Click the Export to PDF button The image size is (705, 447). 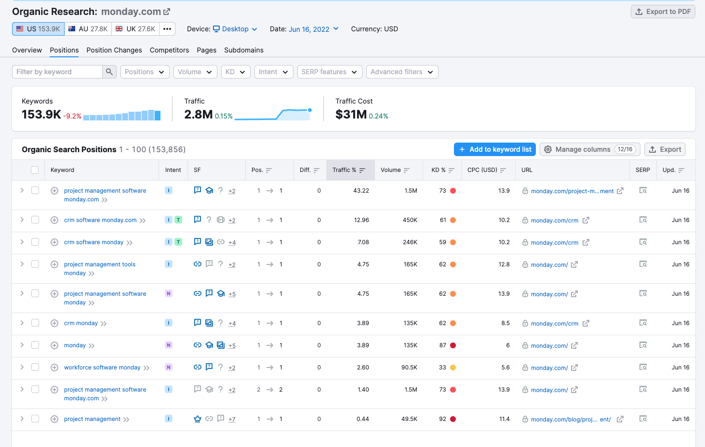pyautogui.click(x=663, y=12)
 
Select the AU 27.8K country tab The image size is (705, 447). pyautogui.click(x=88, y=29)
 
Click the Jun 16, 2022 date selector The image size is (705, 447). pyautogui.click(x=313, y=29)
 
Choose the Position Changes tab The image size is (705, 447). pyautogui.click(x=114, y=50)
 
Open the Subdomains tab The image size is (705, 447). pyautogui.click(x=244, y=50)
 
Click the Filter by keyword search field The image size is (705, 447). pyautogui.click(x=58, y=72)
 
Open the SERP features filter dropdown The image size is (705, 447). pyautogui.click(x=329, y=72)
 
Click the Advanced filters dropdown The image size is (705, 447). pyautogui.click(x=402, y=72)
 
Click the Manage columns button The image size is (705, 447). pyautogui.click(x=589, y=149)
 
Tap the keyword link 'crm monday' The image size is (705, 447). pyautogui.click(x=81, y=323)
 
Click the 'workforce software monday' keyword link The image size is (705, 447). pyautogui.click(x=102, y=368)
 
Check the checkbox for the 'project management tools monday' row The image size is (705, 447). pyautogui.click(x=35, y=264)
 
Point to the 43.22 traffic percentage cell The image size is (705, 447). pyautogui.click(x=361, y=191)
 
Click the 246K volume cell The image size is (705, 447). pyautogui.click(x=410, y=242)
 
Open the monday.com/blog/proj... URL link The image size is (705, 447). pyautogui.click(x=571, y=420)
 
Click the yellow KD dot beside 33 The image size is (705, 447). pyautogui.click(x=453, y=368)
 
